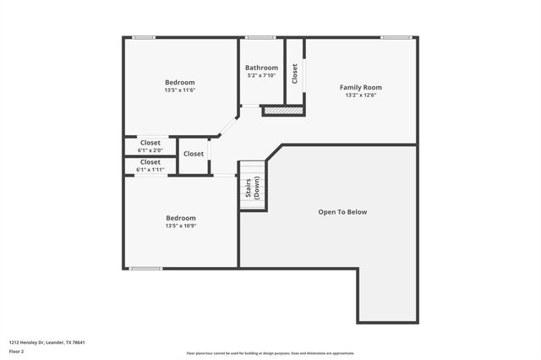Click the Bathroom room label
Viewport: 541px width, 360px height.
click(261, 68)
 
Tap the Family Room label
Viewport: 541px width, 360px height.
click(361, 87)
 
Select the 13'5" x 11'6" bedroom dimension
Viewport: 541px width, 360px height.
click(180, 90)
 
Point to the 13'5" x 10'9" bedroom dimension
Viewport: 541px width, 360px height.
click(180, 226)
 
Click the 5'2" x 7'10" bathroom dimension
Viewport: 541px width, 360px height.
click(261, 76)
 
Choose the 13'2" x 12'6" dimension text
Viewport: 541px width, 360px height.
click(361, 95)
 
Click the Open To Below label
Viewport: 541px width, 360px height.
click(342, 211)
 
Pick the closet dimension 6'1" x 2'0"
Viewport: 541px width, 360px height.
click(150, 150)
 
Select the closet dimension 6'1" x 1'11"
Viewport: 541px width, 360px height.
click(150, 170)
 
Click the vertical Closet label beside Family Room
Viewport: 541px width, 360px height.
click(295, 74)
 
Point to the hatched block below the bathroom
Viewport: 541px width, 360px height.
click(282, 110)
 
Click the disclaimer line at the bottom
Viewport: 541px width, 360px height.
click(270, 353)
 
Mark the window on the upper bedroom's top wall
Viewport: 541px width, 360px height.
click(144, 37)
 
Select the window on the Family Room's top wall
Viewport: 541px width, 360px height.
click(395, 37)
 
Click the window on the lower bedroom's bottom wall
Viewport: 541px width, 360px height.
click(145, 269)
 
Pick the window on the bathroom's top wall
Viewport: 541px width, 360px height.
click(261, 37)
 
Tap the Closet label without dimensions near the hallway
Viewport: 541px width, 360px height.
click(194, 154)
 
